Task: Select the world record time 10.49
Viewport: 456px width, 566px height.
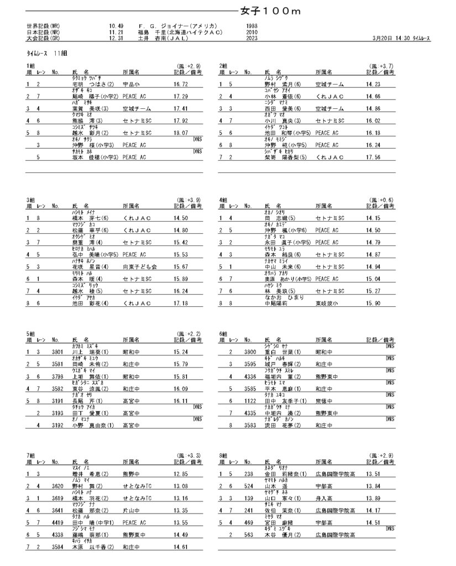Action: click(117, 26)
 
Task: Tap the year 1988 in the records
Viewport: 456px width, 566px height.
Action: click(250, 26)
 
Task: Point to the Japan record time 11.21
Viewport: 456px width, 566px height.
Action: click(117, 33)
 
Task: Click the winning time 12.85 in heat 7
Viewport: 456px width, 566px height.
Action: click(181, 474)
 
